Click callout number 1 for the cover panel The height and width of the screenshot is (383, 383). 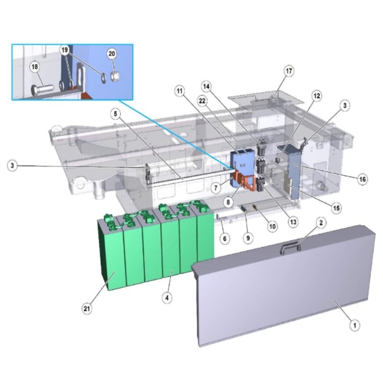coord(355,325)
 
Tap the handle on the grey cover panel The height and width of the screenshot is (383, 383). coord(291,247)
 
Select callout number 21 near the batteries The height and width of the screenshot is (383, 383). coord(87,309)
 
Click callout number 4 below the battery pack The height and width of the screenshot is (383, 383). coord(167,298)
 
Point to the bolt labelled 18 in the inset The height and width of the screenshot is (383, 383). coord(42,89)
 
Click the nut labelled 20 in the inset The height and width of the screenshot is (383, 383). coord(114,77)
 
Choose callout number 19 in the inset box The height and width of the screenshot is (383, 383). coord(64,50)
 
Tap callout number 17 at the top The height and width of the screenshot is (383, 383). coord(289,71)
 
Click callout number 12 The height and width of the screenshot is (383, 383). coord(317,96)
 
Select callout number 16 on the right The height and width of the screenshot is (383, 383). coord(362,179)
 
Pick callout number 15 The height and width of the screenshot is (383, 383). coord(337,208)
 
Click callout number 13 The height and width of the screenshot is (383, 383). coord(293,222)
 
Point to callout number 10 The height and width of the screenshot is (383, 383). coord(272,226)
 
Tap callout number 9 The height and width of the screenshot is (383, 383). coord(248,237)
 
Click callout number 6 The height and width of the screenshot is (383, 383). coord(225,238)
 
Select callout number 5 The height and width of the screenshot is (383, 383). coord(115,114)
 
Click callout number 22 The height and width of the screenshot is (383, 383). coord(202,101)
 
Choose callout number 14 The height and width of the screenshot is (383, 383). coord(206,86)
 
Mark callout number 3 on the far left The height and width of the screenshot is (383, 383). coord(12,165)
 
